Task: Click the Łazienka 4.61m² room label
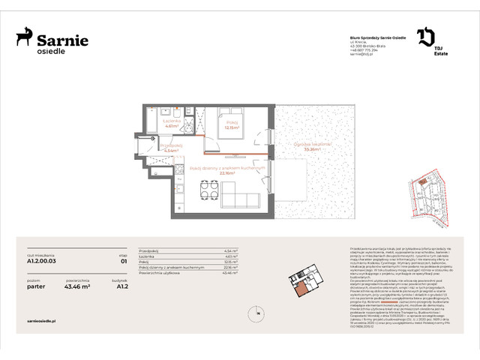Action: pos(169,124)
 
